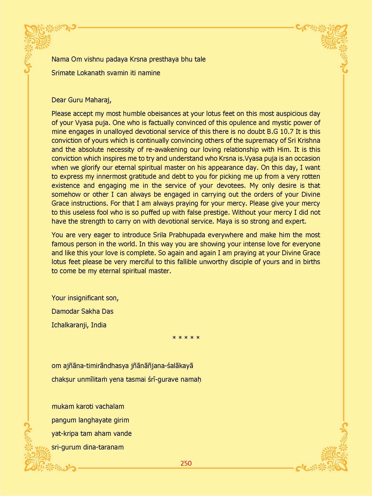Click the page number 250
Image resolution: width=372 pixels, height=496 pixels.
coord(186,463)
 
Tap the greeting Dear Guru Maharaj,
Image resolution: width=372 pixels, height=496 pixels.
coord(82,100)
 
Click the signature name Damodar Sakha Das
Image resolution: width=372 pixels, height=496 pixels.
coord(82,311)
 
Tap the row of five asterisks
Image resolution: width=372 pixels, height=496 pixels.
coord(186,338)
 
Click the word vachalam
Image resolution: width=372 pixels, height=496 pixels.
coord(111,406)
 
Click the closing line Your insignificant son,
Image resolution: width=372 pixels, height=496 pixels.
coord(85,298)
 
